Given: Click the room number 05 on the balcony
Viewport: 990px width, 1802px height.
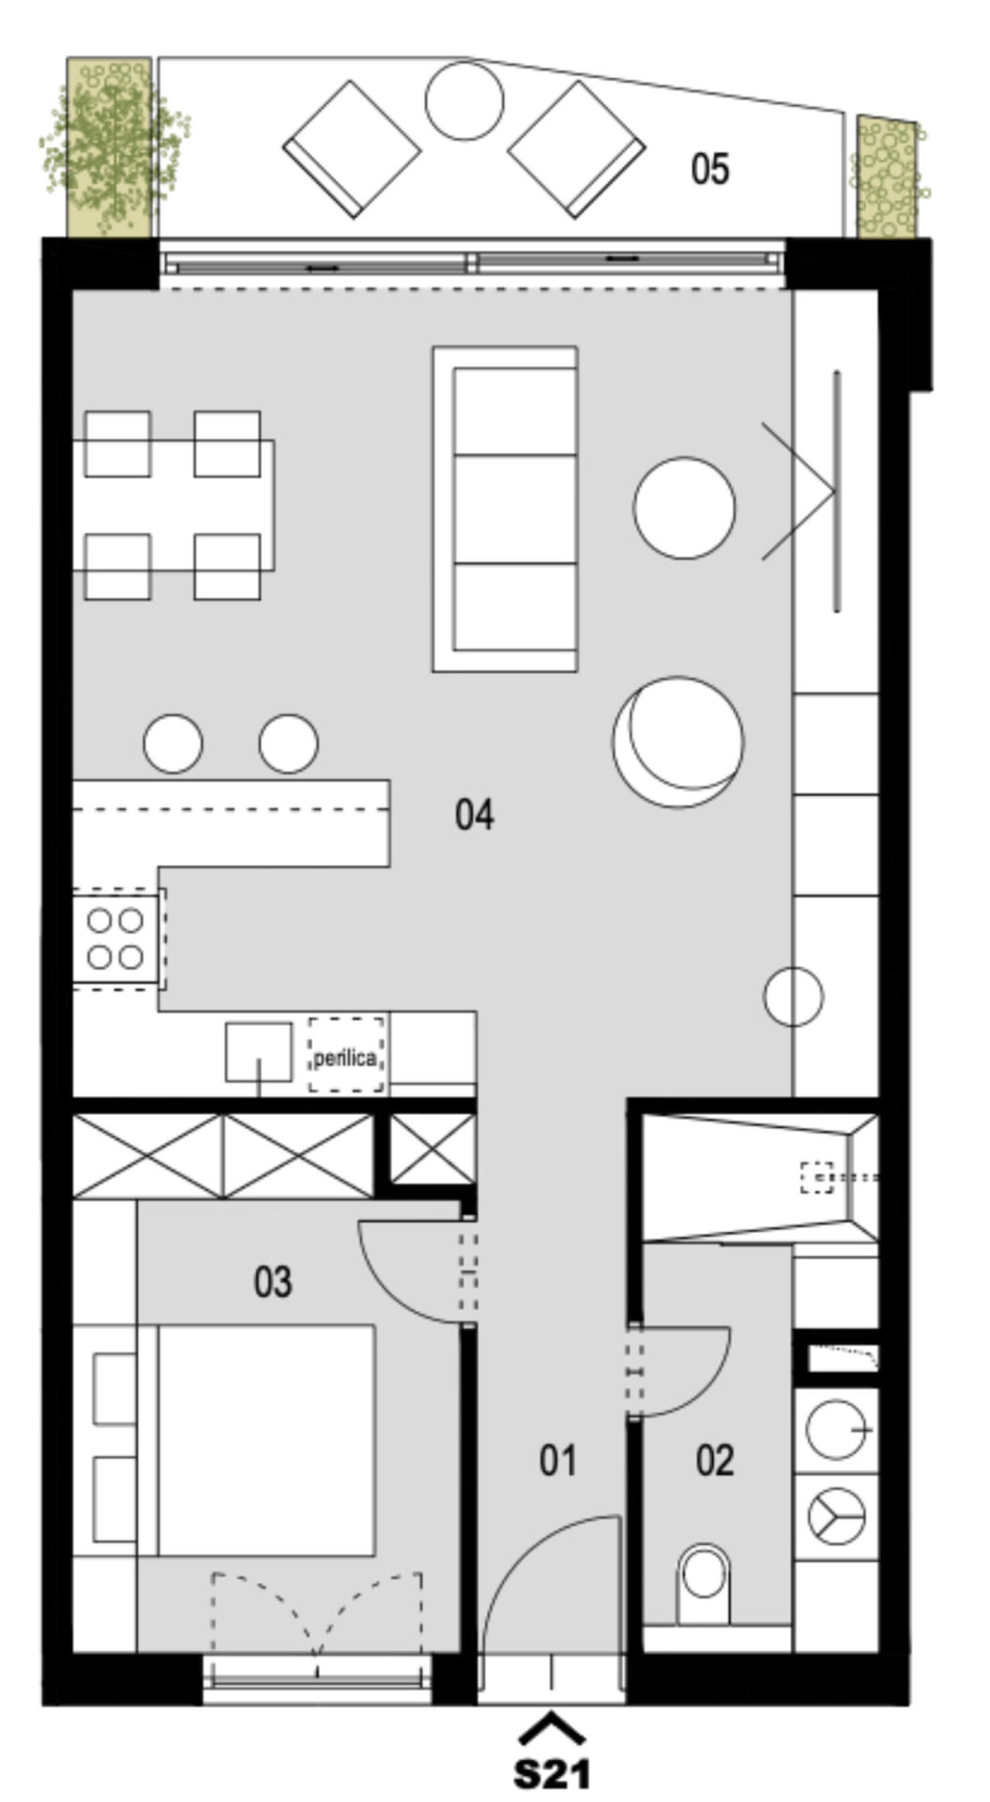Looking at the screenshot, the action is pyautogui.click(x=709, y=169).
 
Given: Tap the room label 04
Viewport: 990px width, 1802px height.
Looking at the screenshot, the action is pyautogui.click(x=475, y=814).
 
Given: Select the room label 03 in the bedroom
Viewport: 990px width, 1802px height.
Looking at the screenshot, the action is pyautogui.click(x=273, y=1282).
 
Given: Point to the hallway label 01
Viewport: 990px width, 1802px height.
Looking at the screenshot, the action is pyautogui.click(x=558, y=1461).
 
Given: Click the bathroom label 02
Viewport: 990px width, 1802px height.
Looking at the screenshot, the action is pyautogui.click(x=715, y=1461).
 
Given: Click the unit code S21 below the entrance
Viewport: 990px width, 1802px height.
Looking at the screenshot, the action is pyautogui.click(x=553, y=1773).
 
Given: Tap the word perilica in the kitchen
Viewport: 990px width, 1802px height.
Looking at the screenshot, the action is pyautogui.click(x=345, y=1059).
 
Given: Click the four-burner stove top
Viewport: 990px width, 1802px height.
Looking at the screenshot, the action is pyautogui.click(x=115, y=939).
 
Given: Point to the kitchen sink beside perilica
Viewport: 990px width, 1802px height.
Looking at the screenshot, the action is pyautogui.click(x=258, y=1052).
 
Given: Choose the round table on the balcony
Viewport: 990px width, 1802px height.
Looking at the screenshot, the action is pyautogui.click(x=465, y=100).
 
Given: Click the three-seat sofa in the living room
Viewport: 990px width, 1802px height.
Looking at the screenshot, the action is pyautogui.click(x=505, y=509).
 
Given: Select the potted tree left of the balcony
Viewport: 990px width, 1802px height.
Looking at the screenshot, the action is pyautogui.click(x=109, y=147).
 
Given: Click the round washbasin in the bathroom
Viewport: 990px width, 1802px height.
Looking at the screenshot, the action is pyautogui.click(x=835, y=1429).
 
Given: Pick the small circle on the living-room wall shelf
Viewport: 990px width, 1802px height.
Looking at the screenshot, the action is pyautogui.click(x=794, y=996).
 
